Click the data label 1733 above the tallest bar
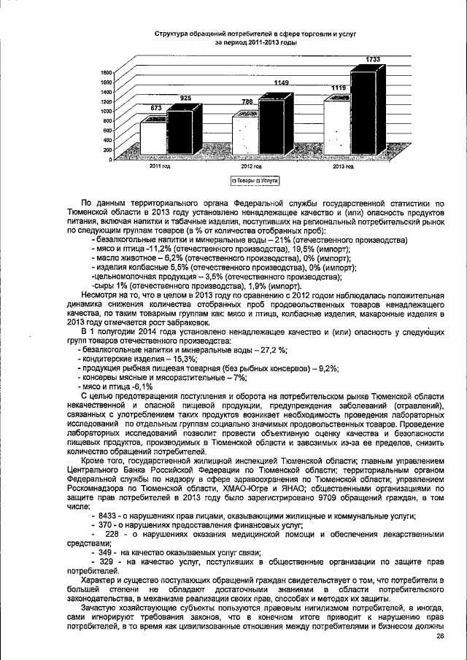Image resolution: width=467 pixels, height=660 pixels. point(373,58)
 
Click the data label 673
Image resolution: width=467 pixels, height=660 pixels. point(156,107)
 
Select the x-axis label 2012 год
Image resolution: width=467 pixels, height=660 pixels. point(252,167)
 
